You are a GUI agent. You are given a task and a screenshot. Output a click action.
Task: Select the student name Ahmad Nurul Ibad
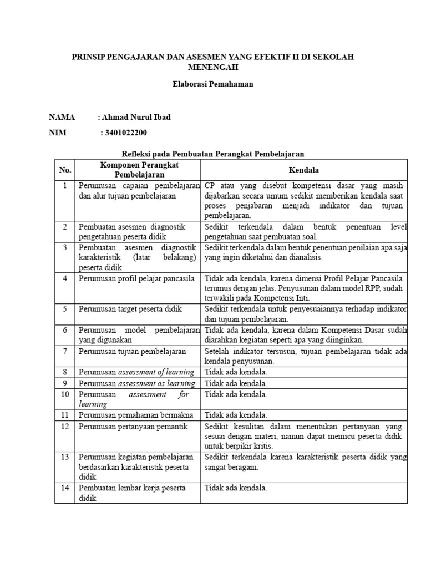(x=135, y=117)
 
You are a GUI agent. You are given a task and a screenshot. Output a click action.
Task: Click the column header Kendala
(x=304, y=170)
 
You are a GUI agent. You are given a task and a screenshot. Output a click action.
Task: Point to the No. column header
(x=65, y=170)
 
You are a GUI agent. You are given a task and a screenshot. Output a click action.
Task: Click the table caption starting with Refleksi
(x=213, y=154)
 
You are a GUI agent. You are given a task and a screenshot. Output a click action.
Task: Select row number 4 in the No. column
(x=65, y=278)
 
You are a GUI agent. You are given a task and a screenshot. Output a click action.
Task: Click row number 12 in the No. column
(x=65, y=426)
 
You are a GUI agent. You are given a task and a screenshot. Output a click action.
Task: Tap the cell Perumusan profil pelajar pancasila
(x=136, y=278)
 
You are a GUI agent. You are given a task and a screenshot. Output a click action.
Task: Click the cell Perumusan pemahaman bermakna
(x=134, y=414)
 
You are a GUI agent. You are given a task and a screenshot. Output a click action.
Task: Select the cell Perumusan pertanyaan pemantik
(x=133, y=426)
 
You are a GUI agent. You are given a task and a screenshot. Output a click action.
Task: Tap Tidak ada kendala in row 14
(x=236, y=488)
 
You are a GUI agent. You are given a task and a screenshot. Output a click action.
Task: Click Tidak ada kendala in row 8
(x=236, y=372)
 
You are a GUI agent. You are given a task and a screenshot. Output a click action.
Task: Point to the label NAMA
(x=62, y=117)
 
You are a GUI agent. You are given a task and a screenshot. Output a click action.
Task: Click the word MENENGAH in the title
(x=213, y=68)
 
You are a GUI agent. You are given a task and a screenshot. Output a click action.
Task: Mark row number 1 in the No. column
(x=65, y=185)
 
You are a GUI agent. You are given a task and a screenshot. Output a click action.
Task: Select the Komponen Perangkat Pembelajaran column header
(x=139, y=170)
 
